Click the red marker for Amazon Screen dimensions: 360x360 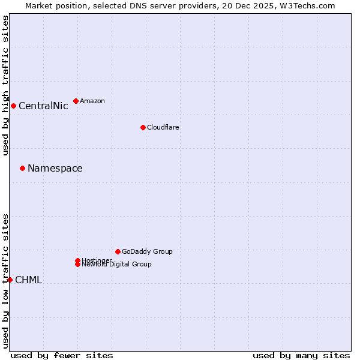tap(76, 101)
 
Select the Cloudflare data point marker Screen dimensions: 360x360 tap(143, 127)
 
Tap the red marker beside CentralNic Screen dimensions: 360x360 tap(13, 106)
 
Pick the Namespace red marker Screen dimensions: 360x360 tap(22, 168)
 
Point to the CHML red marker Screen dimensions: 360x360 tap(10, 280)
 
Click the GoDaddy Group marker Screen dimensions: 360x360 tap(118, 251)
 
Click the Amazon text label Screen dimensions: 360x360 tap(92, 101)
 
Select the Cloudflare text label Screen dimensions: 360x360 tap(163, 127)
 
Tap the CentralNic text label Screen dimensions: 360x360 tap(43, 106)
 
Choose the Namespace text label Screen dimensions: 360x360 tap(55, 168)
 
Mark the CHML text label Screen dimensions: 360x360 tap(28, 280)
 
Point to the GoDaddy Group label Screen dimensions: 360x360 tap(147, 251)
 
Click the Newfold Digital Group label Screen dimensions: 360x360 tap(117, 265)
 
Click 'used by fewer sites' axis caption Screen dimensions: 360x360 tap(62, 355)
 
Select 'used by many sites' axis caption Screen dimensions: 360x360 tap(301, 355)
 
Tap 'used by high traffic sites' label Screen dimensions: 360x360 tap(6, 85)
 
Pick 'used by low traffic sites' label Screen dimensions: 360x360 tap(6, 280)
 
